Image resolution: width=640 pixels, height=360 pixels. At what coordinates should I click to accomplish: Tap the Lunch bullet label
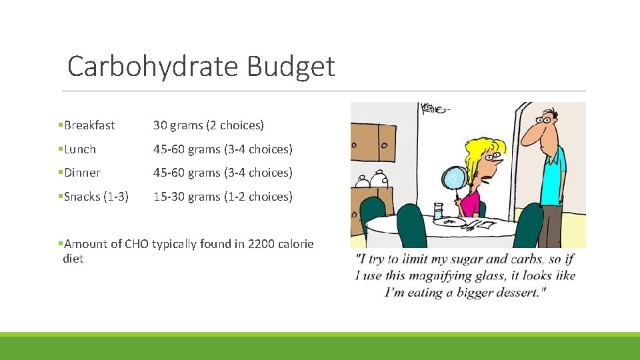pos(80,149)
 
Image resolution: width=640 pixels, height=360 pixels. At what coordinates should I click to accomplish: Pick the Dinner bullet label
pos(82,173)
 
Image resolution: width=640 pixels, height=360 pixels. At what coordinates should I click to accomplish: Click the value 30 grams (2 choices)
pos(209,125)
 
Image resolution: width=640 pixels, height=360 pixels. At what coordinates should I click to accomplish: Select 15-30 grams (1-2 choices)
pos(223,197)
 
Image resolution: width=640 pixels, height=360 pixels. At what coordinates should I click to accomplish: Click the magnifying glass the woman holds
pos(453,177)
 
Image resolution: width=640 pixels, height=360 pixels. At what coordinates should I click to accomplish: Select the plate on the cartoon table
pos(460,223)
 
